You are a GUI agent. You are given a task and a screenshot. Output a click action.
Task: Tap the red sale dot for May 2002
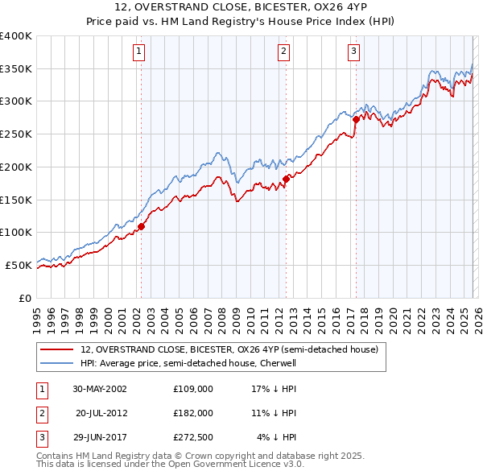click(x=141, y=226)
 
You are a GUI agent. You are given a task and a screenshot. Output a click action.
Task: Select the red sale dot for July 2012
click(x=285, y=179)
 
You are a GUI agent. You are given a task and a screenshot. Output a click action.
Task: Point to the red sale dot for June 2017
click(x=355, y=120)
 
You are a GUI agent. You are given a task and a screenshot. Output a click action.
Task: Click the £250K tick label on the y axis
click(x=15, y=134)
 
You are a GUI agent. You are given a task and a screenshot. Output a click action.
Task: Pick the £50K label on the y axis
click(x=19, y=265)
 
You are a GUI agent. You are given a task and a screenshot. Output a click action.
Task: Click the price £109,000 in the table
click(x=193, y=389)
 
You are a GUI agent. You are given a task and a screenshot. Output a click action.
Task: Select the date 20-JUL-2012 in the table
click(x=102, y=413)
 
